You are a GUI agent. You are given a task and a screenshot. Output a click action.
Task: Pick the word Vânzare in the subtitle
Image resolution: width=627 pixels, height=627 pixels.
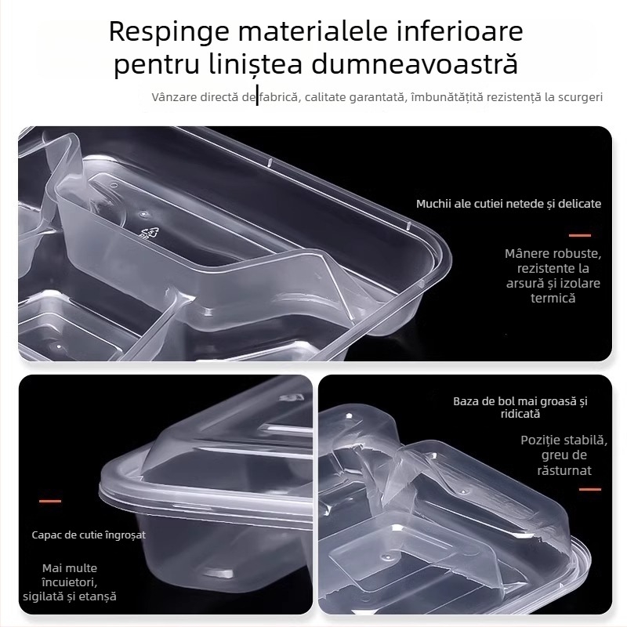point(173,97)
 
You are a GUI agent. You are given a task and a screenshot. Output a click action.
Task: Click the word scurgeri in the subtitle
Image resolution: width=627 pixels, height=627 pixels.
point(578,97)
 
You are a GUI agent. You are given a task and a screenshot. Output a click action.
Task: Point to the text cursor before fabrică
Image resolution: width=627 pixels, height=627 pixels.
point(258,97)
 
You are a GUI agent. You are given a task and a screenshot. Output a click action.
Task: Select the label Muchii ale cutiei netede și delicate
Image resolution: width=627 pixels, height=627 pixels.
point(509,204)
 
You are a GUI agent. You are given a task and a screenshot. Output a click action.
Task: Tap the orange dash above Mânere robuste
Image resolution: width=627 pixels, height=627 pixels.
point(579,235)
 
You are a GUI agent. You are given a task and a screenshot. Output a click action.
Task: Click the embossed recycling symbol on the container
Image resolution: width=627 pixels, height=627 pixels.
point(149,233)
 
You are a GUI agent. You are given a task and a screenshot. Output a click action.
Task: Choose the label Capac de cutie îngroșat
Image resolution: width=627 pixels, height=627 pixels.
point(89,535)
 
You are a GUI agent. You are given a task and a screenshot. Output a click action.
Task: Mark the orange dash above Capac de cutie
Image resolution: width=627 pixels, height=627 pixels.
point(50,501)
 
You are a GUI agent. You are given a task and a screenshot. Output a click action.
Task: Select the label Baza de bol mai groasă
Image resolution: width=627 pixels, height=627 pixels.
point(520,407)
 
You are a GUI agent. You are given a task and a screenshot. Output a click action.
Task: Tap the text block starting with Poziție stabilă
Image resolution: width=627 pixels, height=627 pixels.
point(564,455)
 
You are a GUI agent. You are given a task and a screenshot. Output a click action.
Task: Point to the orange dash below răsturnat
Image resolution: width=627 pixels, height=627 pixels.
point(589,489)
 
